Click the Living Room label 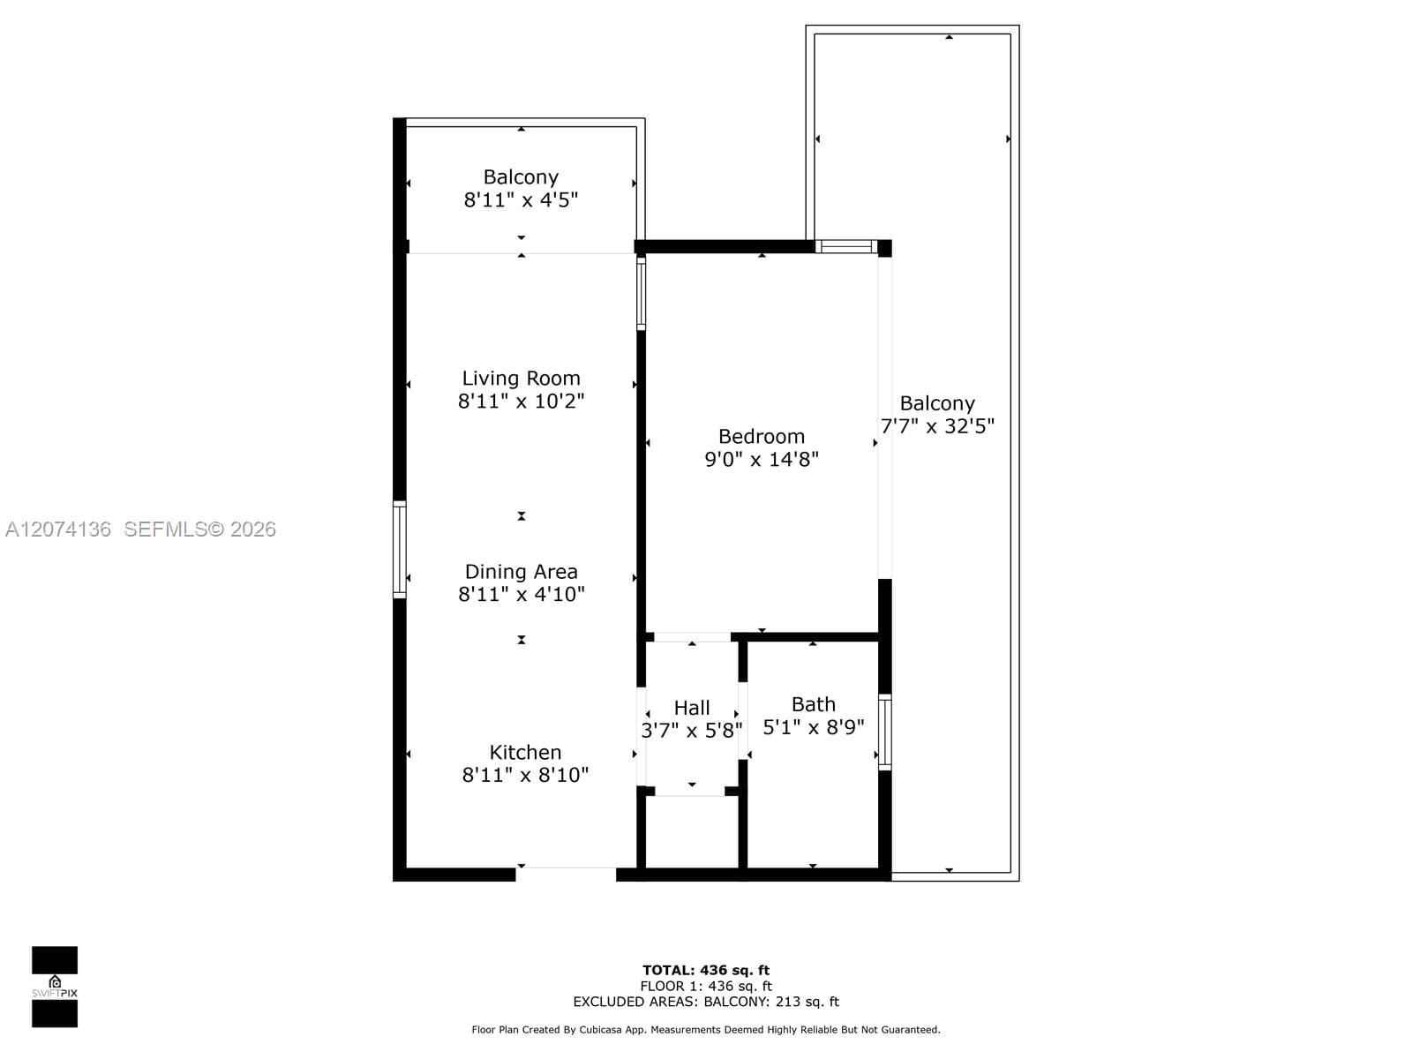pyautogui.click(x=521, y=378)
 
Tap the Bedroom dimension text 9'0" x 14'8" pyautogui.click(x=762, y=459)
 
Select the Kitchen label pyautogui.click(x=526, y=752)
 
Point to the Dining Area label pyautogui.click(x=521, y=572)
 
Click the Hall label pyautogui.click(x=692, y=708)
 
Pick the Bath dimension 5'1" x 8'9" pyautogui.click(x=813, y=727)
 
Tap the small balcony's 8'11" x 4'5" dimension pyautogui.click(x=521, y=200)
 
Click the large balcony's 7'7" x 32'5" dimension pyautogui.click(x=937, y=426)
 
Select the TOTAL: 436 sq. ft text pyautogui.click(x=706, y=970)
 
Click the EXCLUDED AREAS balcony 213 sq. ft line pyautogui.click(x=706, y=1002)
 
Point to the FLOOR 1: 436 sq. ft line pyautogui.click(x=706, y=987)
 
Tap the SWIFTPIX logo pyautogui.click(x=55, y=987)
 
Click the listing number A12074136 pyautogui.click(x=58, y=529)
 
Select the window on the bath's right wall pyautogui.click(x=885, y=732)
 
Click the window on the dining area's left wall pyautogui.click(x=400, y=550)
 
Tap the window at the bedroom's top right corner pyautogui.click(x=846, y=246)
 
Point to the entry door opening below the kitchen pyautogui.click(x=566, y=875)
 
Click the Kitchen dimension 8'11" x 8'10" pyautogui.click(x=526, y=775)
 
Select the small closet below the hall pyautogui.click(x=692, y=832)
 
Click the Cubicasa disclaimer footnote pyautogui.click(x=706, y=1029)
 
